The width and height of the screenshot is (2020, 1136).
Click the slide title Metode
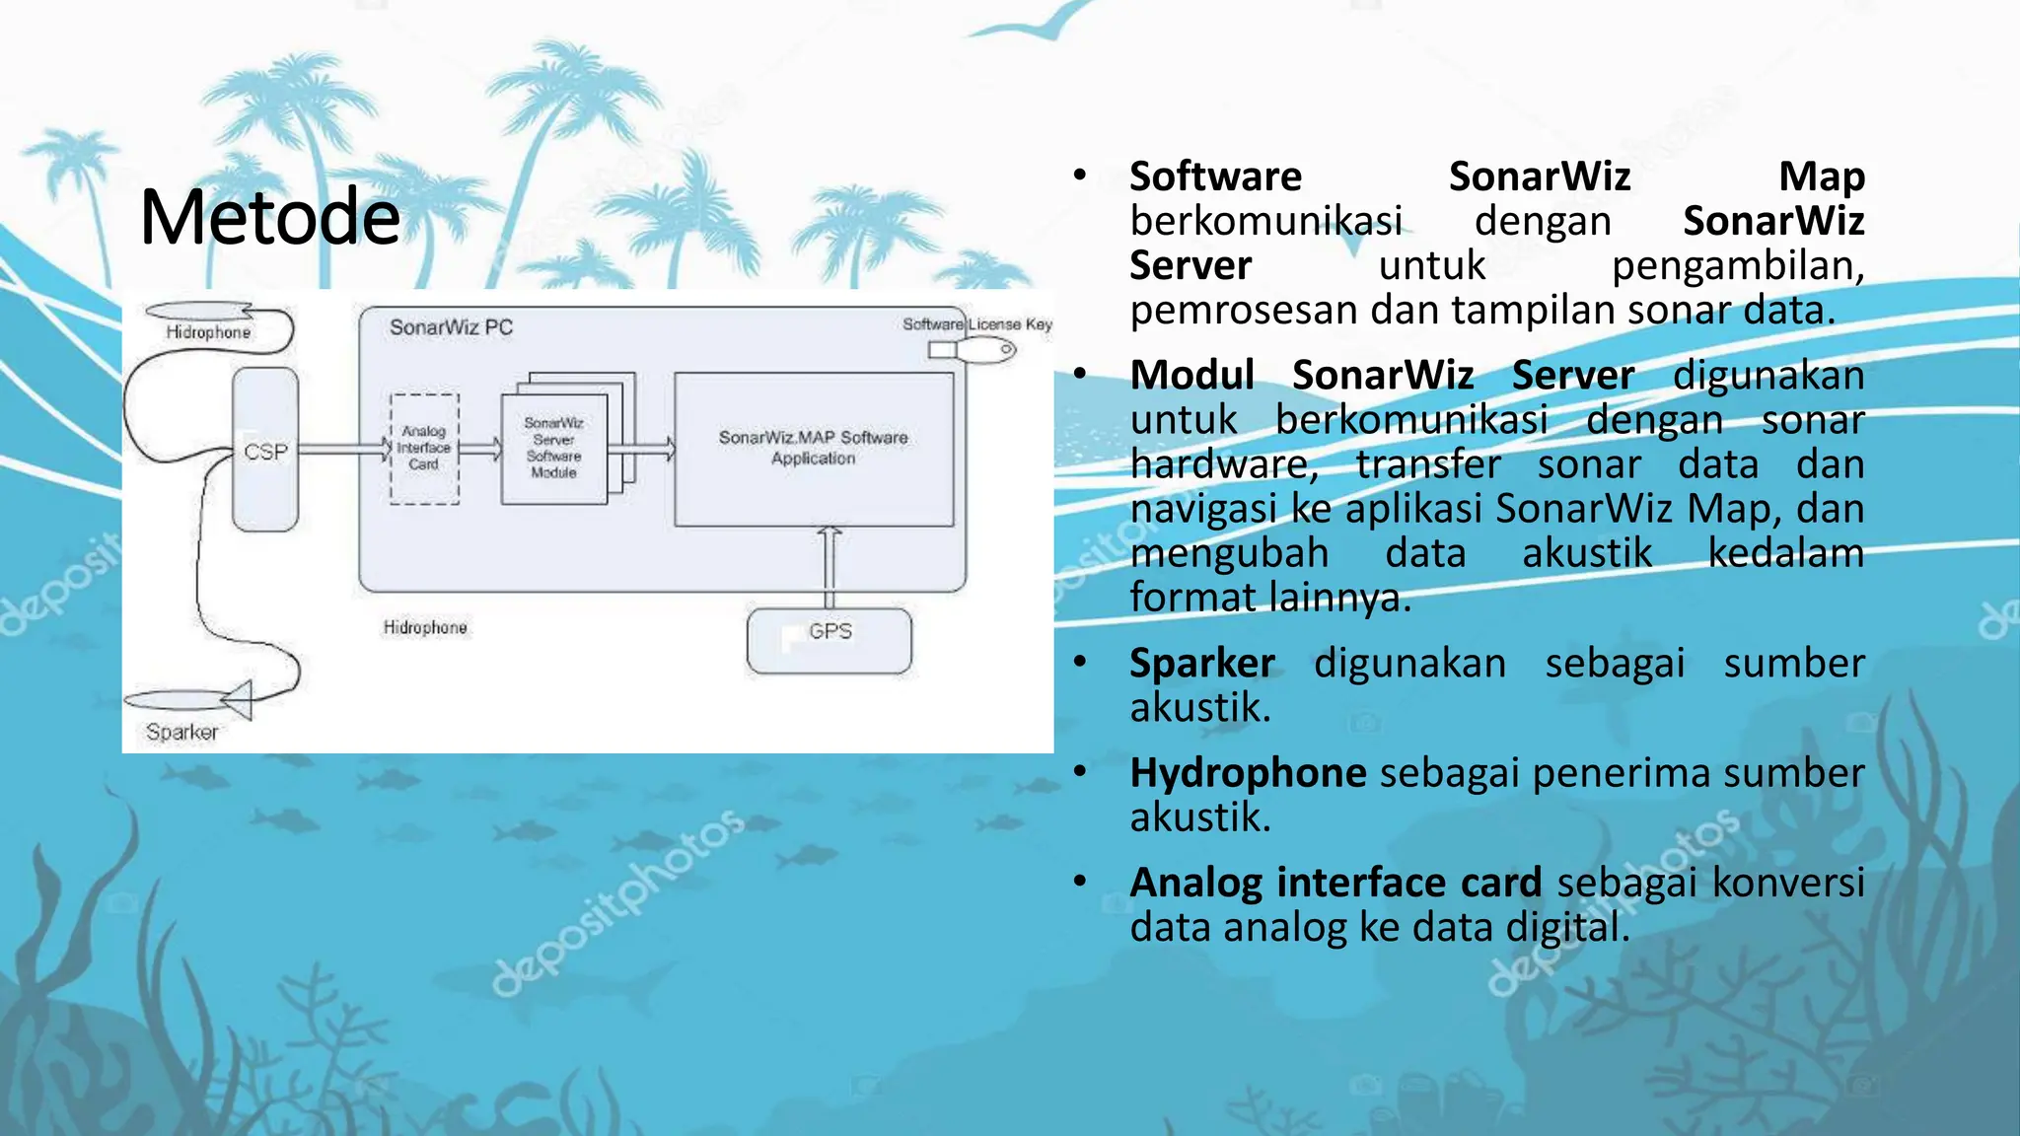tap(270, 217)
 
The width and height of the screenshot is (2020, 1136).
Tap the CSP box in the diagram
tap(265, 451)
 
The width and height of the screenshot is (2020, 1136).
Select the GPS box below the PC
tap(830, 640)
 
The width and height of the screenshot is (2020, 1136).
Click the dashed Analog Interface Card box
tap(424, 449)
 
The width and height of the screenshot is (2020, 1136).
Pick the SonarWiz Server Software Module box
tap(553, 448)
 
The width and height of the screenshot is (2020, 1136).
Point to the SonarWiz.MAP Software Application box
tap(814, 448)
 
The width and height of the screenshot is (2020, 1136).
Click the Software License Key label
tap(976, 324)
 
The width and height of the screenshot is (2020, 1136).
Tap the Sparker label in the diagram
tap(181, 732)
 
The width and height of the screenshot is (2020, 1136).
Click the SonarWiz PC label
tap(451, 327)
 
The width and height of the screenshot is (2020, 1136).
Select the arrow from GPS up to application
tap(830, 567)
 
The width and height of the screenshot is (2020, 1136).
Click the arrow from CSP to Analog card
tap(344, 450)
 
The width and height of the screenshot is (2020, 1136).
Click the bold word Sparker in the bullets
tap(1201, 663)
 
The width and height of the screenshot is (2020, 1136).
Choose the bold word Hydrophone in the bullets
tap(1248, 773)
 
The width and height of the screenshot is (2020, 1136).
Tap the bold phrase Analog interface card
tap(1335, 883)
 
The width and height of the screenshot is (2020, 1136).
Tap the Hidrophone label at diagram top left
tap(208, 332)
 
